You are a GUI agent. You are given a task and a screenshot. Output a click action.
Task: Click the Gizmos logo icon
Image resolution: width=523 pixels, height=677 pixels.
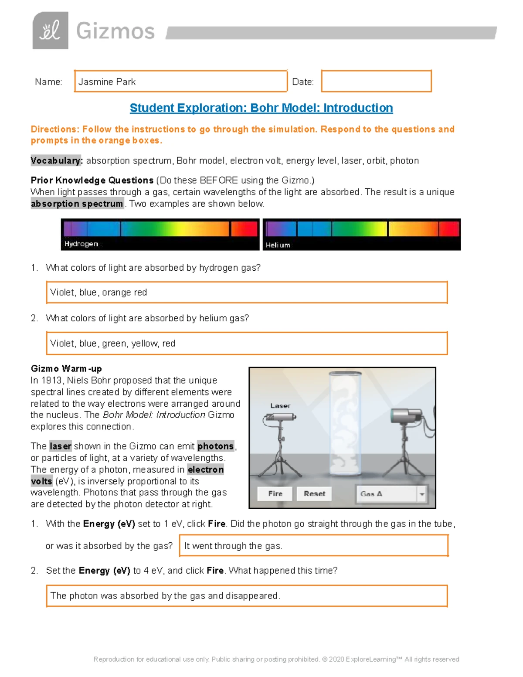coord(50,31)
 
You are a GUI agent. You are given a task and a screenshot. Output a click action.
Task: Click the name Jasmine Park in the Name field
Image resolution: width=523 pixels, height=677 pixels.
coord(107,82)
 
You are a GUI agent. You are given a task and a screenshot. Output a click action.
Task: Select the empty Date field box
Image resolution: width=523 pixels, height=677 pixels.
coord(376,81)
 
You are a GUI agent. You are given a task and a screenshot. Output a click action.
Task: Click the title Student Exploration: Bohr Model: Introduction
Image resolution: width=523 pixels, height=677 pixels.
coord(261,108)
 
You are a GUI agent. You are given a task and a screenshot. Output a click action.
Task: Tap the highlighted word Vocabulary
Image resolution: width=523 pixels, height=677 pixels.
coord(56,161)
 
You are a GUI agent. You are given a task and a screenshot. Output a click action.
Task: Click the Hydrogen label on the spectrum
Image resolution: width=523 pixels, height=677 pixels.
coord(81,244)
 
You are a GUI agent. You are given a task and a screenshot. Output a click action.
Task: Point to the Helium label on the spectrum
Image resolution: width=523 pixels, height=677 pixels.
coord(278,245)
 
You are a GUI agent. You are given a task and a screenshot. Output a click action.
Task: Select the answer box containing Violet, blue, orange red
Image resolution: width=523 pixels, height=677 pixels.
coord(247,293)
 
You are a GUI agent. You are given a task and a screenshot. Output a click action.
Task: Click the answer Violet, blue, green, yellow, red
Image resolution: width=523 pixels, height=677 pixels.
coord(113,344)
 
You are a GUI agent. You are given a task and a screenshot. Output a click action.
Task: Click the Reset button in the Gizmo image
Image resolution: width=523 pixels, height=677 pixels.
coord(314,493)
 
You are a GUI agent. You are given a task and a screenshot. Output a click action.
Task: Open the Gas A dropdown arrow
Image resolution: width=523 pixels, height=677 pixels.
coord(421,494)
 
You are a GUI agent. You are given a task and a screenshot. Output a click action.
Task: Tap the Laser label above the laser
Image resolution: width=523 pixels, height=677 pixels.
coord(280,405)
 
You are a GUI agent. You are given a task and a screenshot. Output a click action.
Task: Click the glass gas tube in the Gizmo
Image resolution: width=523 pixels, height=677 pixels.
coord(345,423)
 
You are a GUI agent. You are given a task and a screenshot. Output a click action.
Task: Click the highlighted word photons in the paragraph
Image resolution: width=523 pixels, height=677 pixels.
coord(215,446)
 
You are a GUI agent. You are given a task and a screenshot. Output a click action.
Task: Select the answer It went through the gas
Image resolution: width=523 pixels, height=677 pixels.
coord(233,546)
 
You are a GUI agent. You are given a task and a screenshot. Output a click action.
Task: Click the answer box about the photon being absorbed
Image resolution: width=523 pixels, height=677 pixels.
coord(247,596)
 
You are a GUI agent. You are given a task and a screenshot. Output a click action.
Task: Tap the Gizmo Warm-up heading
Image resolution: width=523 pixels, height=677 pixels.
coord(66,369)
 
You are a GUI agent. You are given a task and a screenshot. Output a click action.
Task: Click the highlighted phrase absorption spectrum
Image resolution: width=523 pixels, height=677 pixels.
coord(77,204)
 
